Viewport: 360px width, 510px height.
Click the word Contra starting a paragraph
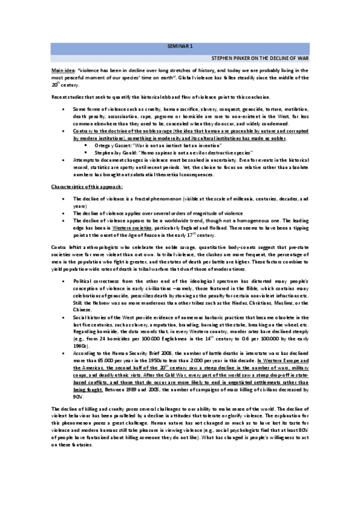[58, 247]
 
